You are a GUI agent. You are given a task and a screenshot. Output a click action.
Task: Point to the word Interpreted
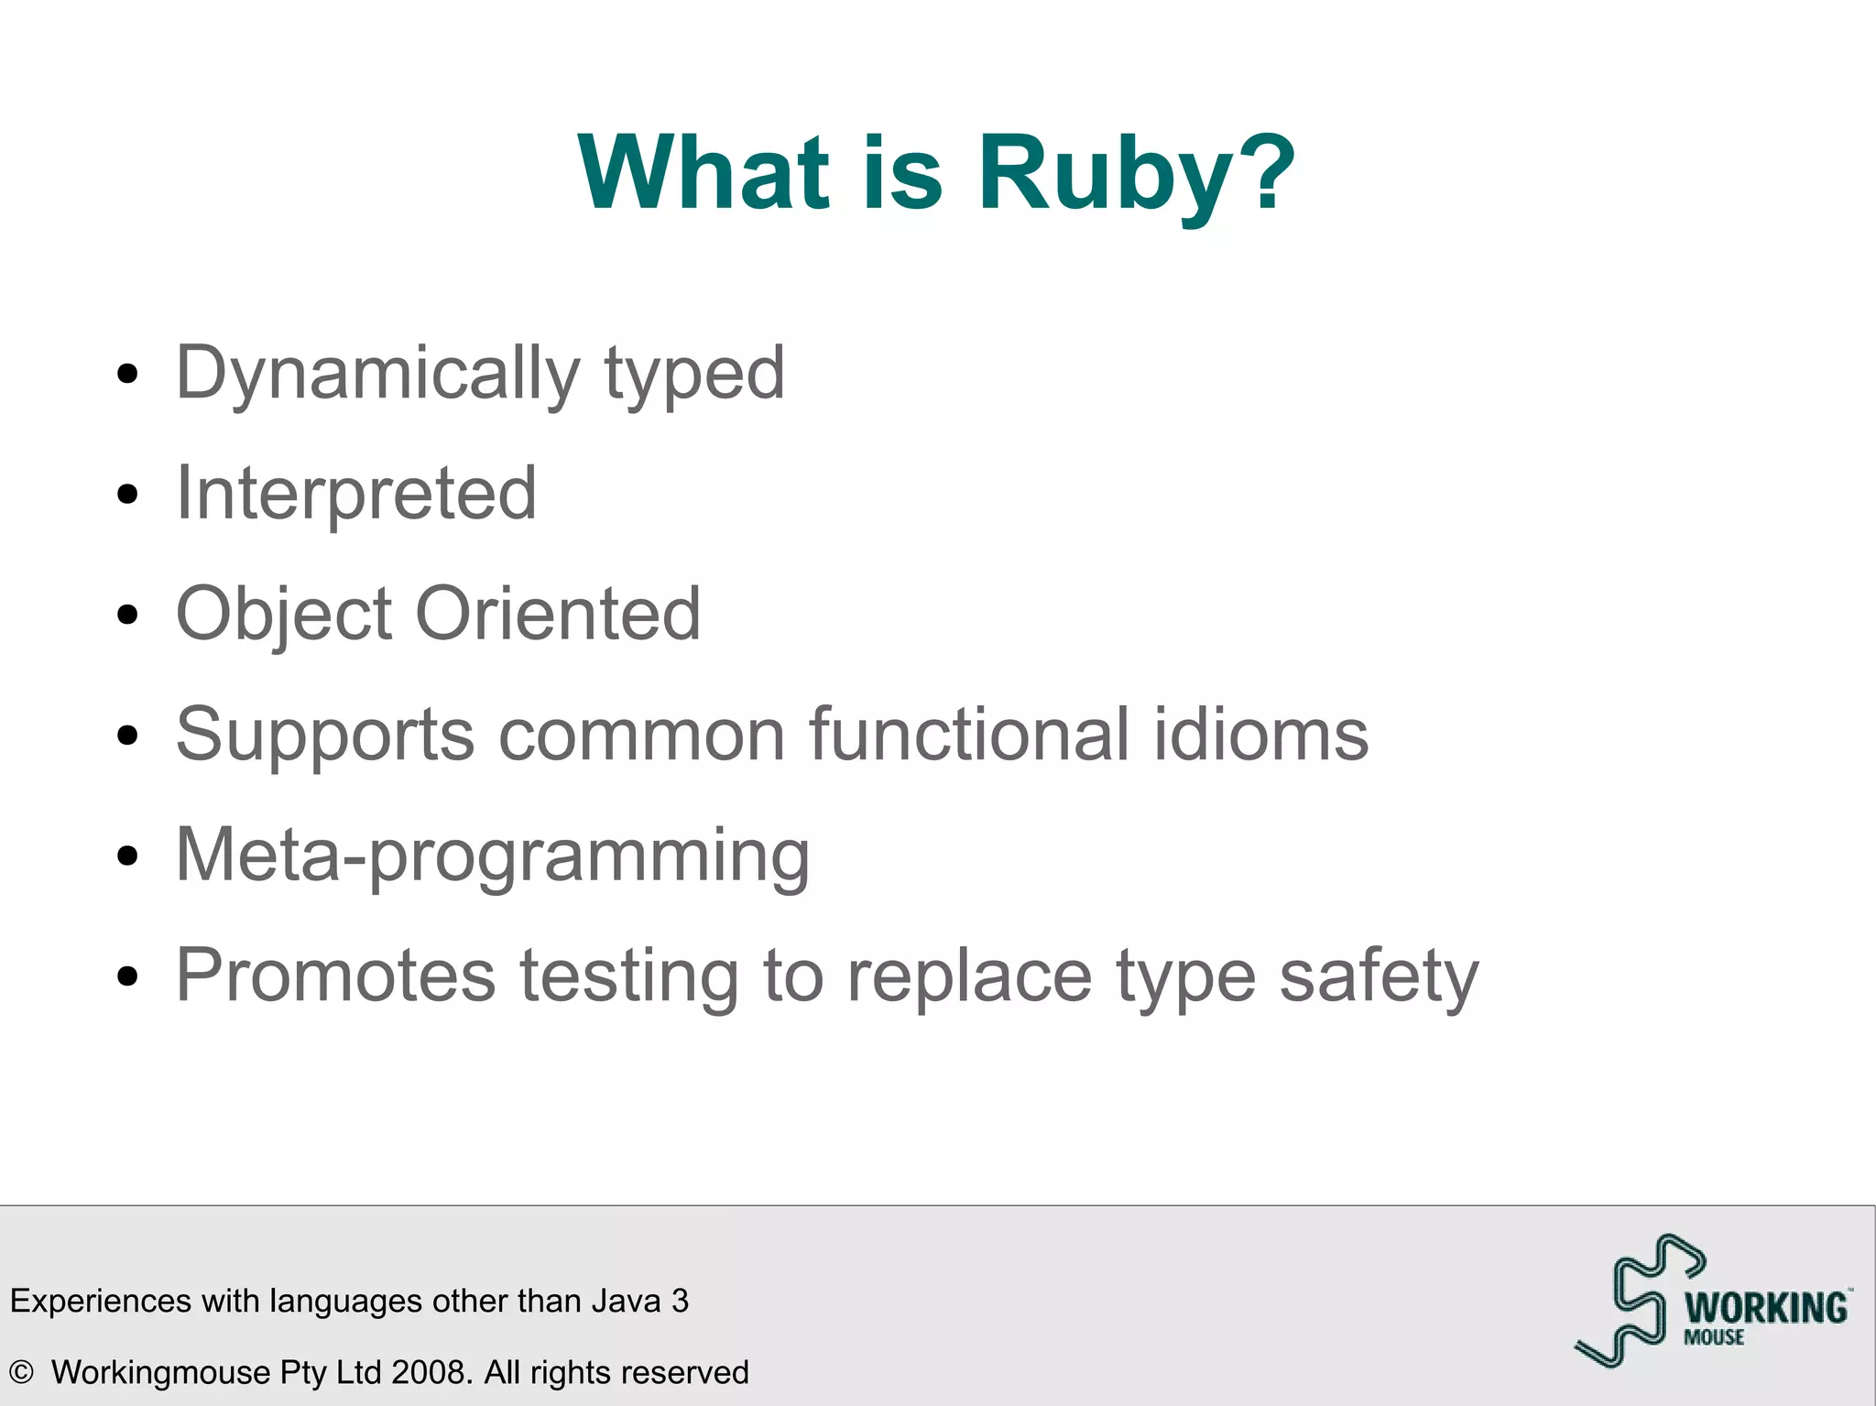tap(355, 494)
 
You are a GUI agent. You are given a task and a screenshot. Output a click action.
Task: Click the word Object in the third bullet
tap(284, 615)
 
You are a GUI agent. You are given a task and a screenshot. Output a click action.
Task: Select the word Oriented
tap(558, 613)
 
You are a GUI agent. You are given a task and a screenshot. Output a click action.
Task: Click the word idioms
tap(1260, 734)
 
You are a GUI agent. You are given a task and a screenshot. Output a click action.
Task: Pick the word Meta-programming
tap(492, 856)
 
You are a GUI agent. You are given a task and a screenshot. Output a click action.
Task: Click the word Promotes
tap(335, 975)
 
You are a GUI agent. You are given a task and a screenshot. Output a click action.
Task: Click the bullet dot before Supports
tap(128, 735)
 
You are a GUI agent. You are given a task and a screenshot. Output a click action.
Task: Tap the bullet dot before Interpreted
tap(128, 495)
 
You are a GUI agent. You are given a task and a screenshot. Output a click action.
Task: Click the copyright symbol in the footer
tap(21, 1372)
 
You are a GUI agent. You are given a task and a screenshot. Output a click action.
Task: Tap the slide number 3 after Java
tap(680, 1301)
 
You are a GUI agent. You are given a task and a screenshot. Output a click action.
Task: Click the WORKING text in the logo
tap(1766, 1308)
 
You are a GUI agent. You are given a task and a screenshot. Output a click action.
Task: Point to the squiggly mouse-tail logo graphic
tap(1636, 1301)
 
